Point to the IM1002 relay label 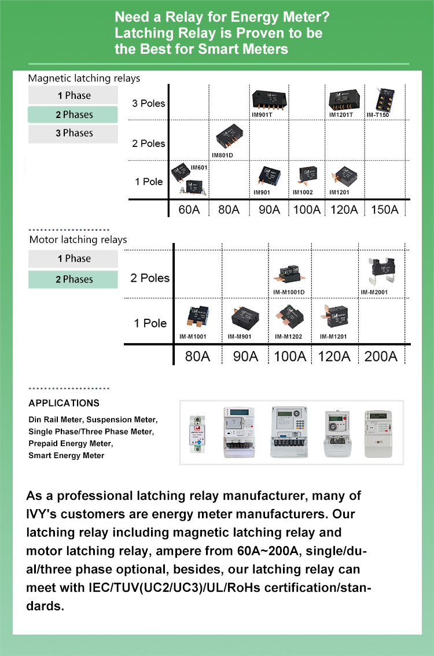(x=303, y=192)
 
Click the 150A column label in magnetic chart (x=384, y=209)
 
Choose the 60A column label (x=189, y=209)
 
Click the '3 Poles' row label (x=149, y=104)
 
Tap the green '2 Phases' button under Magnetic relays (x=73, y=115)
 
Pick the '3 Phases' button (x=73, y=133)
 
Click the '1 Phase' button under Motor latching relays (x=73, y=259)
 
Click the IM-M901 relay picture (x=244, y=318)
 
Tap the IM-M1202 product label (x=288, y=336)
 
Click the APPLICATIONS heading (x=64, y=403)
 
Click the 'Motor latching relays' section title (x=78, y=239)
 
